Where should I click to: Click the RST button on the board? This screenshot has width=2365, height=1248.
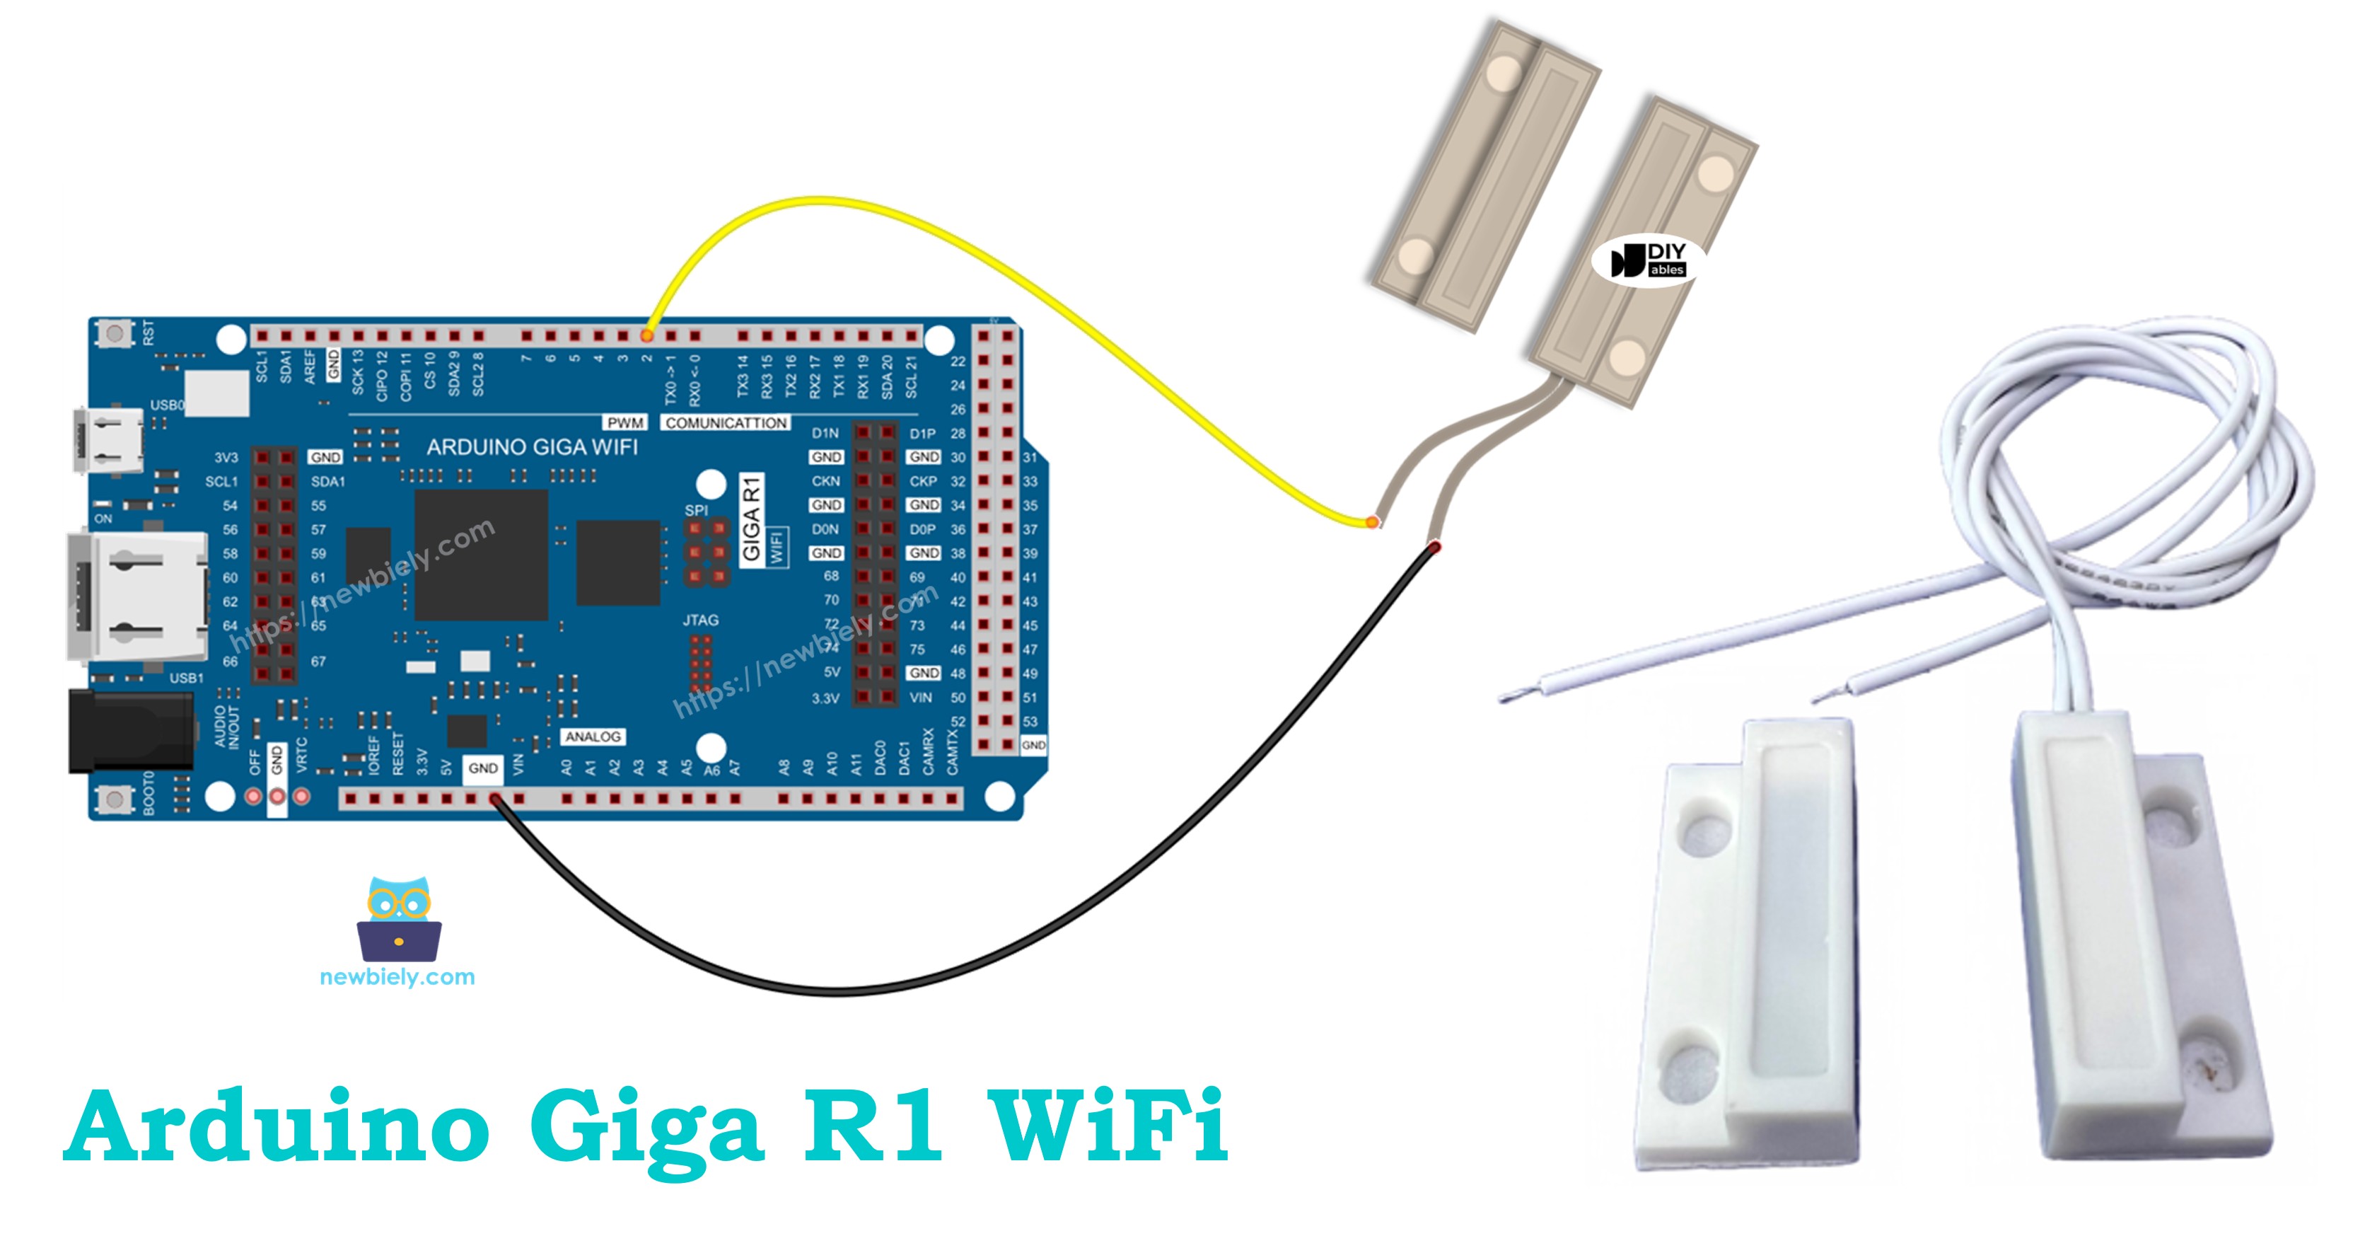[x=115, y=333]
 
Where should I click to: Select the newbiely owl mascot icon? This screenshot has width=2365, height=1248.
[x=398, y=919]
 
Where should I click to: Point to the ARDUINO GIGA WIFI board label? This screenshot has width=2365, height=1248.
[x=532, y=447]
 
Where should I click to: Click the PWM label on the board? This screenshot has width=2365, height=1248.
[x=625, y=422]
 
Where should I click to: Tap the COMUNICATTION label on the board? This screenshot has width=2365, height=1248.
[x=726, y=422]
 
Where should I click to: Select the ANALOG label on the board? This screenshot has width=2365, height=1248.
[x=593, y=736]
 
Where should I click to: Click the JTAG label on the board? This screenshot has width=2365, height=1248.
[x=700, y=620]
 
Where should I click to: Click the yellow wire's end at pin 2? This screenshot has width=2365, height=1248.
[x=647, y=336]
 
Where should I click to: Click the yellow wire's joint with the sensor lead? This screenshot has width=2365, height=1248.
[x=1371, y=521]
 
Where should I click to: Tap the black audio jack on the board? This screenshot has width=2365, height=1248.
[x=132, y=731]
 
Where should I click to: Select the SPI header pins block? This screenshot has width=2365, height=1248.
[x=707, y=553]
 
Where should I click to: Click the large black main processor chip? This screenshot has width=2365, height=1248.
[x=481, y=555]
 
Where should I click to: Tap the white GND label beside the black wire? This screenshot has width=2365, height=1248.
[x=483, y=768]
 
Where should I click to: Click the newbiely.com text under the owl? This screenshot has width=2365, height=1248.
[x=397, y=977]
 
